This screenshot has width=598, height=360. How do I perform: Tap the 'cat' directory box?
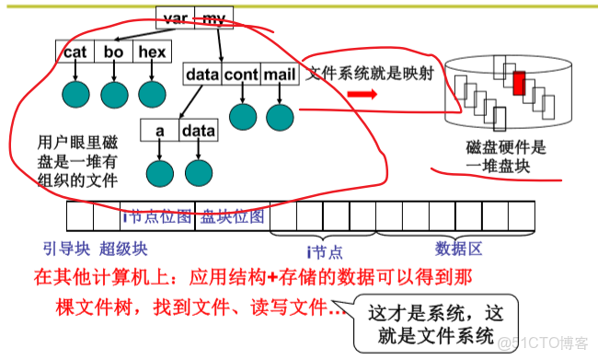click(75, 53)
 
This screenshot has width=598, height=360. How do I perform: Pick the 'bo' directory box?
click(114, 53)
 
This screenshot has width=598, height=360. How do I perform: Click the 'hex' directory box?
click(151, 53)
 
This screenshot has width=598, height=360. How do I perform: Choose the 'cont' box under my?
click(241, 73)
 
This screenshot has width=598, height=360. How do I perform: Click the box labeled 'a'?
click(159, 132)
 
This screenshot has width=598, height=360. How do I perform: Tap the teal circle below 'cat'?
click(75, 94)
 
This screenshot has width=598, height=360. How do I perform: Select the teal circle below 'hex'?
click(152, 94)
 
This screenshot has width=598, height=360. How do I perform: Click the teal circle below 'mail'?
click(279, 116)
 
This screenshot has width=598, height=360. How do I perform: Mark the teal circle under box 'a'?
click(159, 172)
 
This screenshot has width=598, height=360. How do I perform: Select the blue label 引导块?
click(62, 249)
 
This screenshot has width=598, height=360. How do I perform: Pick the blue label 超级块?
click(123, 249)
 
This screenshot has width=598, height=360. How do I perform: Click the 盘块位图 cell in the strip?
click(233, 217)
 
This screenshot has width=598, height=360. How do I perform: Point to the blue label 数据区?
click(457, 248)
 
